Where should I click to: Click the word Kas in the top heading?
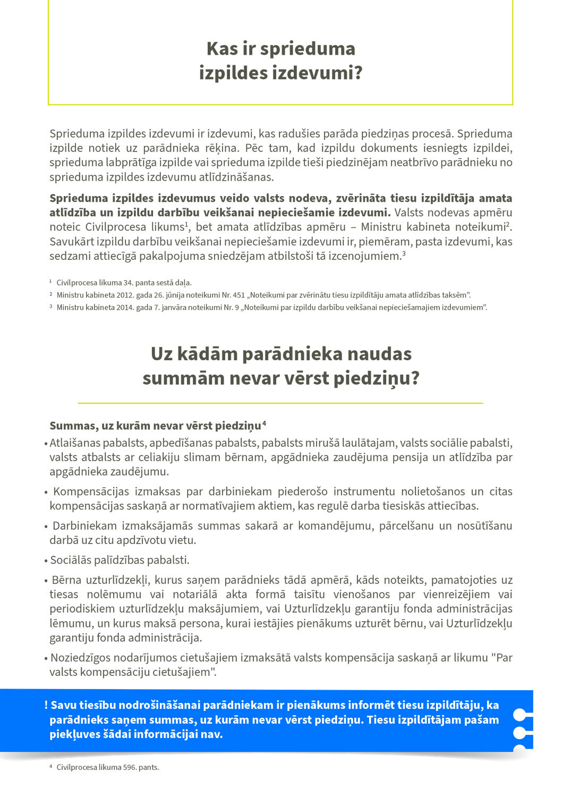pos(222,49)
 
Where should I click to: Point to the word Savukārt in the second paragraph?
pos(71,242)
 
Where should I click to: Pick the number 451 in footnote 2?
pos(239,295)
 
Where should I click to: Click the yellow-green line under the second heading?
pos(280,403)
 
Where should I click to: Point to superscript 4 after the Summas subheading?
pos(265,423)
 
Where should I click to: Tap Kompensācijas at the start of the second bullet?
pos(89,491)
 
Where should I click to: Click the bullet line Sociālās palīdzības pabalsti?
pos(120,560)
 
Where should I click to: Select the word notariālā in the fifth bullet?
pos(193,595)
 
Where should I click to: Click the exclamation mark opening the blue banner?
pos(46,705)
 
